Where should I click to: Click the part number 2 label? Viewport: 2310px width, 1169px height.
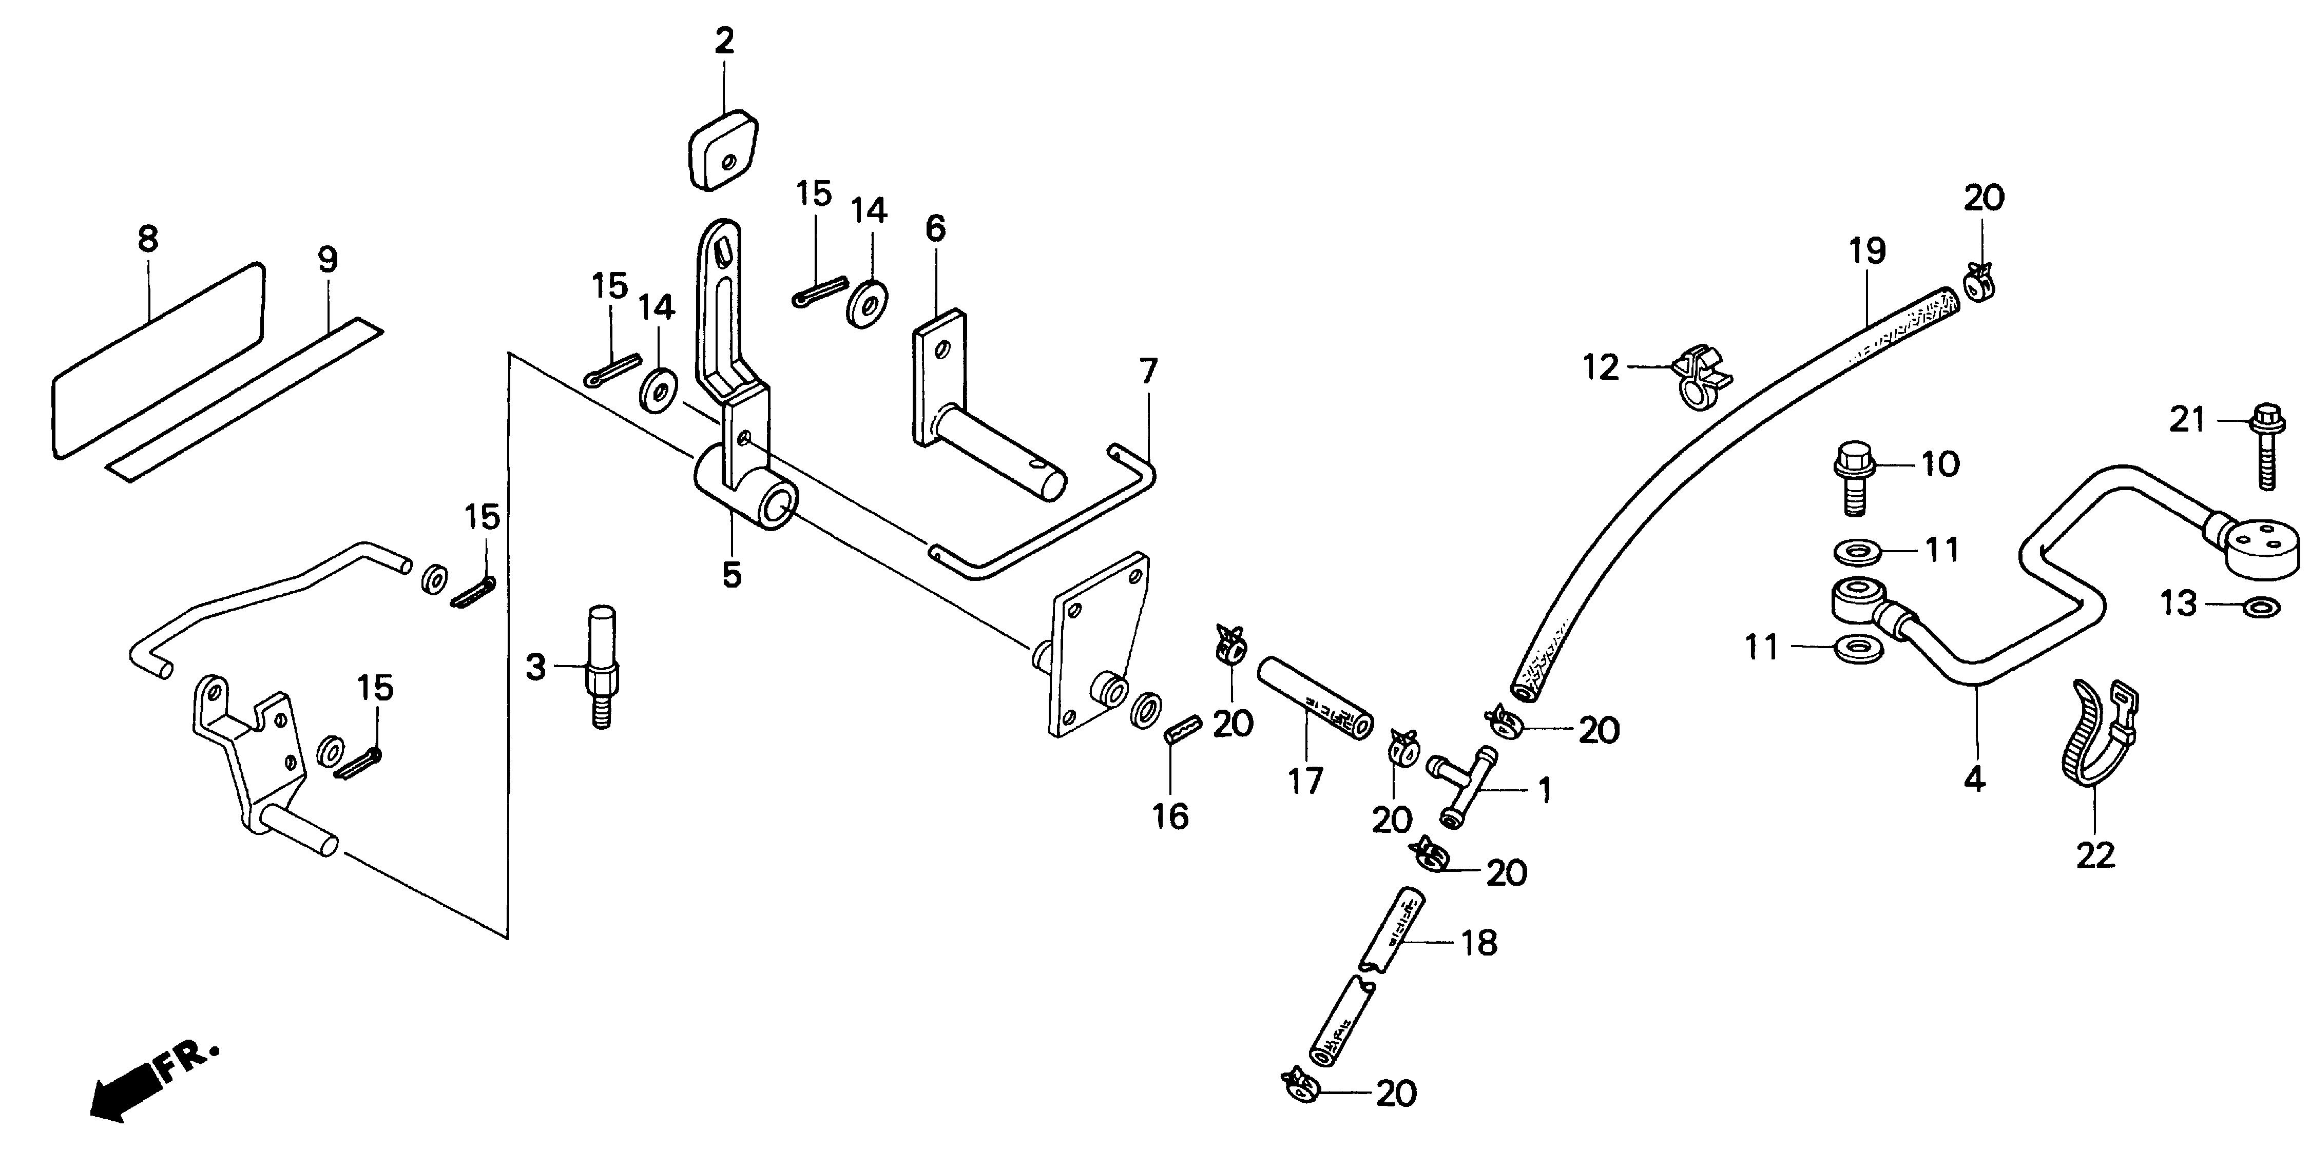coord(724,41)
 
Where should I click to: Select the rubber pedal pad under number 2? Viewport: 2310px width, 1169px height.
coord(723,150)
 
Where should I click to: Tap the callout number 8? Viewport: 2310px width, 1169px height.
coord(148,239)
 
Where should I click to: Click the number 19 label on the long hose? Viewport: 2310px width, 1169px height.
coord(1867,251)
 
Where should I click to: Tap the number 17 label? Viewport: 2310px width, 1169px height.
coord(1305,781)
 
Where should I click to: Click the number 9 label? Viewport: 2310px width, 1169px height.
coord(328,260)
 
